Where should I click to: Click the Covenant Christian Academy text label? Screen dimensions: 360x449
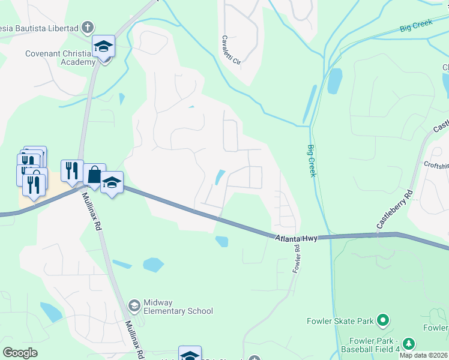coord(60,58)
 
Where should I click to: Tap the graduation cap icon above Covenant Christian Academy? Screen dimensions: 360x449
coord(103,46)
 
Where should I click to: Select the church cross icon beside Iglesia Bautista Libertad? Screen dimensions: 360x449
coord(88,28)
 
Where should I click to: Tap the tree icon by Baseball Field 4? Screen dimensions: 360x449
coord(409,343)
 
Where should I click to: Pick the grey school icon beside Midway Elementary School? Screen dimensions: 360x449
coord(134,306)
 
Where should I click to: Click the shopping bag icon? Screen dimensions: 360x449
coord(94,175)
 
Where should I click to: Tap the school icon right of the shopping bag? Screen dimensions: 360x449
coord(112,182)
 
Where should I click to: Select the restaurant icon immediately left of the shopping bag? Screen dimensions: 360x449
coord(71,170)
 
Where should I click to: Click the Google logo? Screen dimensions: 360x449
coord(20,353)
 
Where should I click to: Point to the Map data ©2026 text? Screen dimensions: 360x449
coord(424,355)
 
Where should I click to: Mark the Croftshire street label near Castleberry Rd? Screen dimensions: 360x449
coord(436,164)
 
